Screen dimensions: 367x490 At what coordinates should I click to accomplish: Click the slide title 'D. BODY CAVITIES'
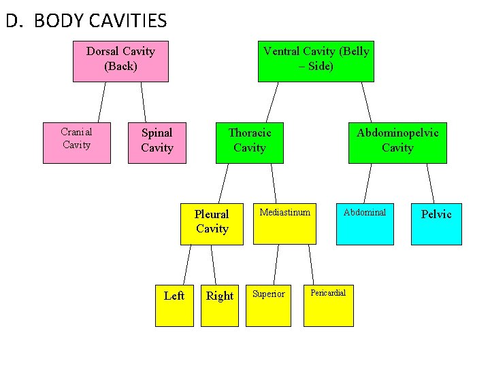pyautogui.click(x=86, y=21)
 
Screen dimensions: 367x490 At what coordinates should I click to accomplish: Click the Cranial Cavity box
pyautogui.click(x=76, y=143)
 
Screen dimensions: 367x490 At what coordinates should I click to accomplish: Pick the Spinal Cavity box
pyautogui.click(x=157, y=143)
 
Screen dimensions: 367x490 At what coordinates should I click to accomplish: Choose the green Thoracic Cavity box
pyautogui.click(x=249, y=143)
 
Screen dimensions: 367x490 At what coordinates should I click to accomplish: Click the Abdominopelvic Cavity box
pyautogui.click(x=397, y=143)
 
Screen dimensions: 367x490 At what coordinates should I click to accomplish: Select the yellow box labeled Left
pyautogui.click(x=174, y=306)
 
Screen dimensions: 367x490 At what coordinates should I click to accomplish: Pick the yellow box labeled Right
pyautogui.click(x=219, y=306)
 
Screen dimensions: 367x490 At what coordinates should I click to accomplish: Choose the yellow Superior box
pyautogui.click(x=269, y=306)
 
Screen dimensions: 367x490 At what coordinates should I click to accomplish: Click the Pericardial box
pyautogui.click(x=329, y=306)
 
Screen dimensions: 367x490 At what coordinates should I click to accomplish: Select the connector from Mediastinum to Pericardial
pyautogui.click(x=310, y=264)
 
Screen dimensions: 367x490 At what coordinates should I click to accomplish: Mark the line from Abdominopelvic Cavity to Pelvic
pyautogui.click(x=429, y=183)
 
